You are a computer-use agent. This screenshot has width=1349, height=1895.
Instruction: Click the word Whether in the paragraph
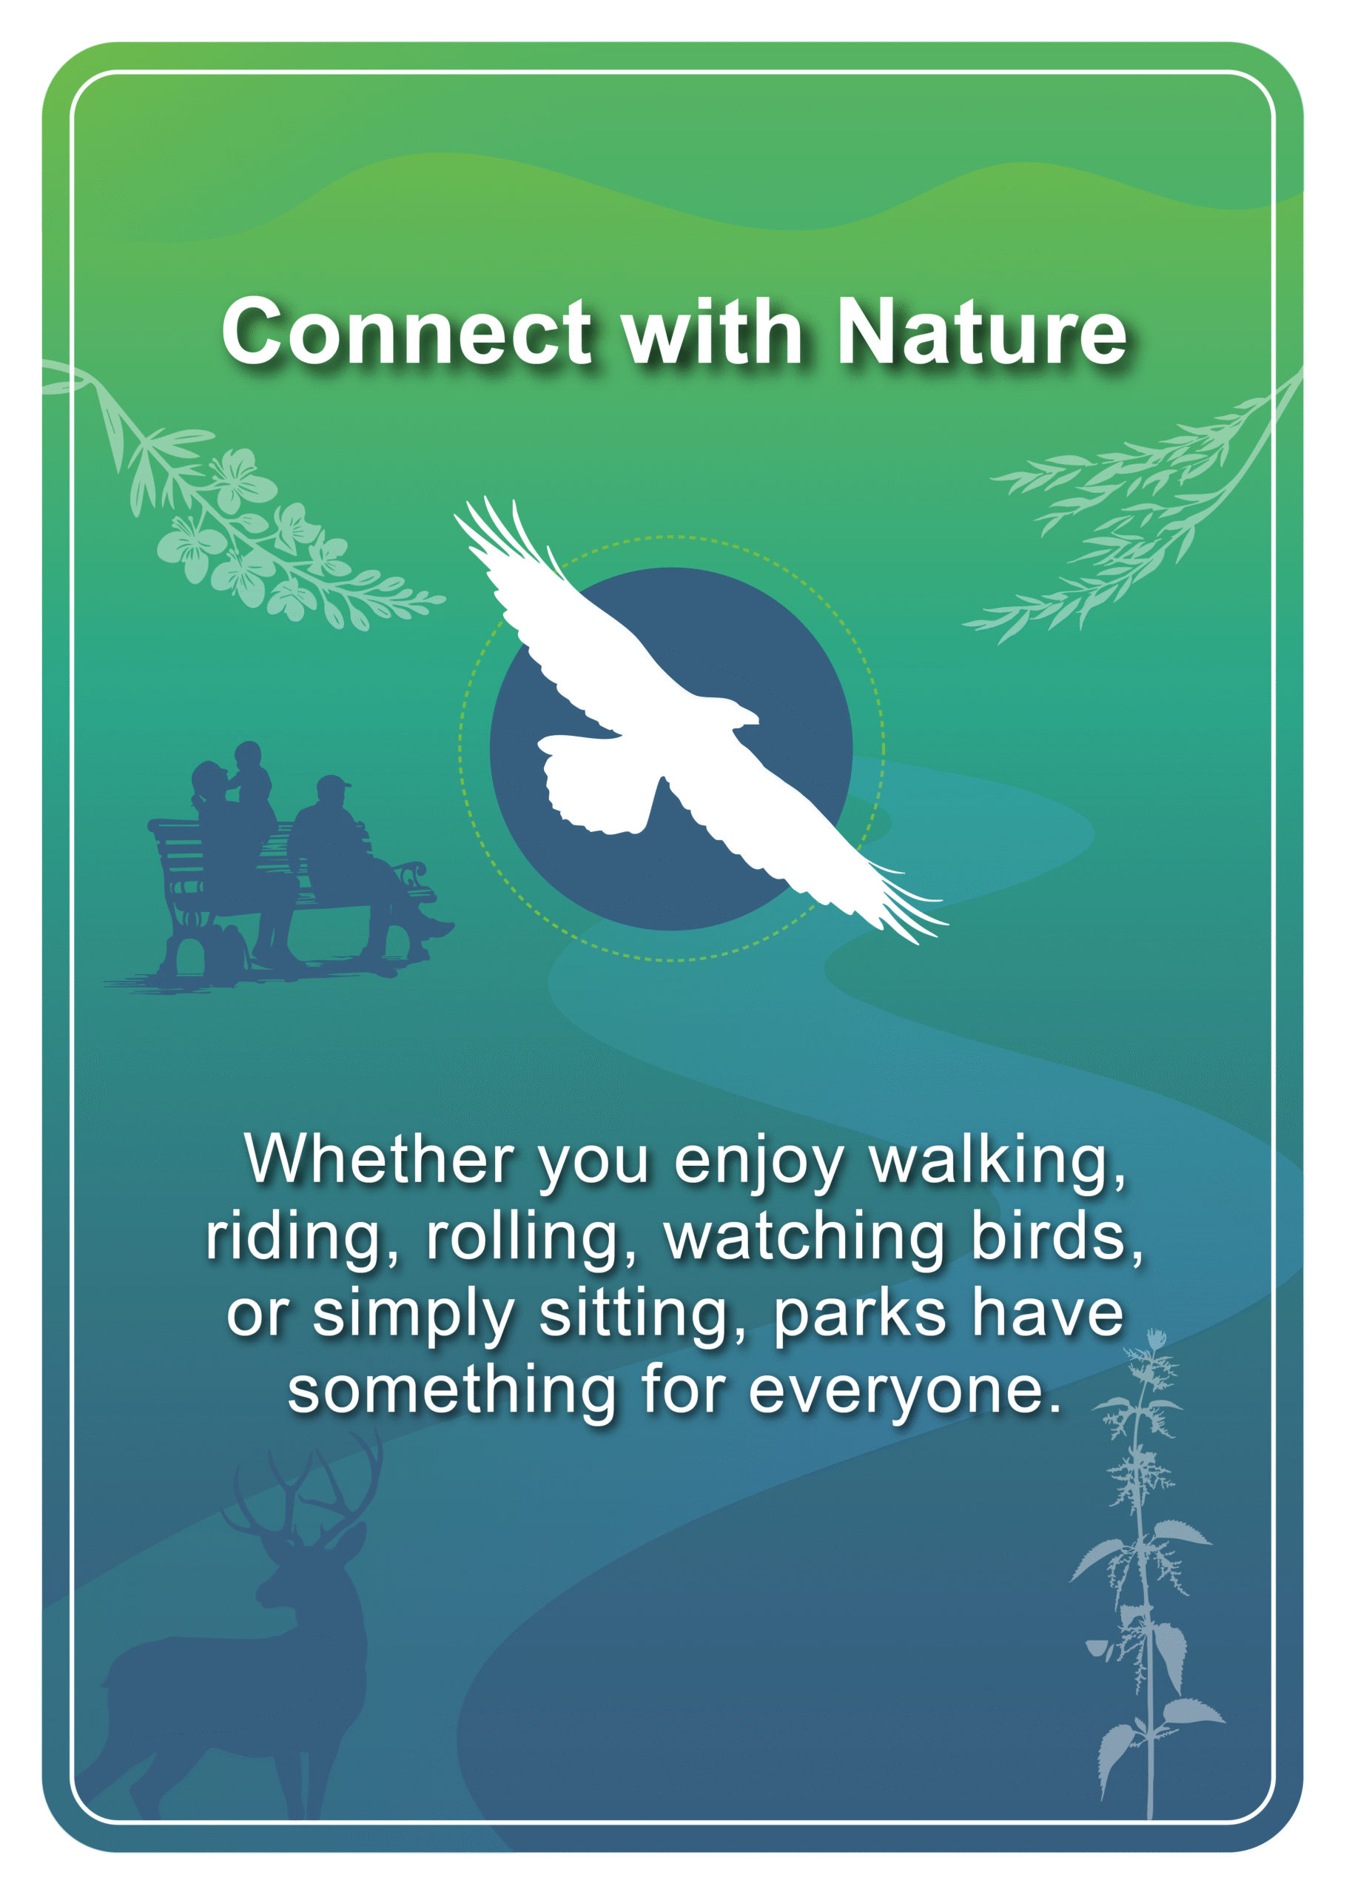379,1159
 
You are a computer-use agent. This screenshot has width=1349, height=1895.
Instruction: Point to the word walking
998,1163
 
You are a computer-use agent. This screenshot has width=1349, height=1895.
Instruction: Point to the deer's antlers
303,1487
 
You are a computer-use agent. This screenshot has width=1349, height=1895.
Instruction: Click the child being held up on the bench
250,777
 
